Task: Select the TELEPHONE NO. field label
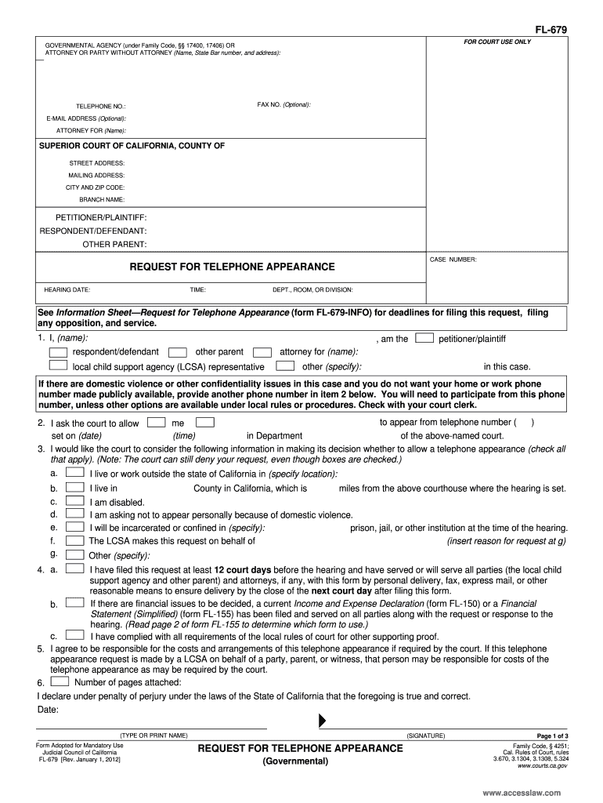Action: (100, 106)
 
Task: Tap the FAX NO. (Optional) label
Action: (283, 104)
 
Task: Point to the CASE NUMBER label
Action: (453, 259)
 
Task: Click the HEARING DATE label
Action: (67, 289)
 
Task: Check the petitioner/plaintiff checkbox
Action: (424, 338)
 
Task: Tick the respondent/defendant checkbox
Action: (59, 352)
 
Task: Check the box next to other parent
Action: (178, 352)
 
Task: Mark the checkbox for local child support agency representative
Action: (59, 365)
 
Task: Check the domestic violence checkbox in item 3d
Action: (75, 514)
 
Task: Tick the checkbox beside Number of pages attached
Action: (58, 681)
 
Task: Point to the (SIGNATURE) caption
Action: (425, 736)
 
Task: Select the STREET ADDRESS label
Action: (97, 163)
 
